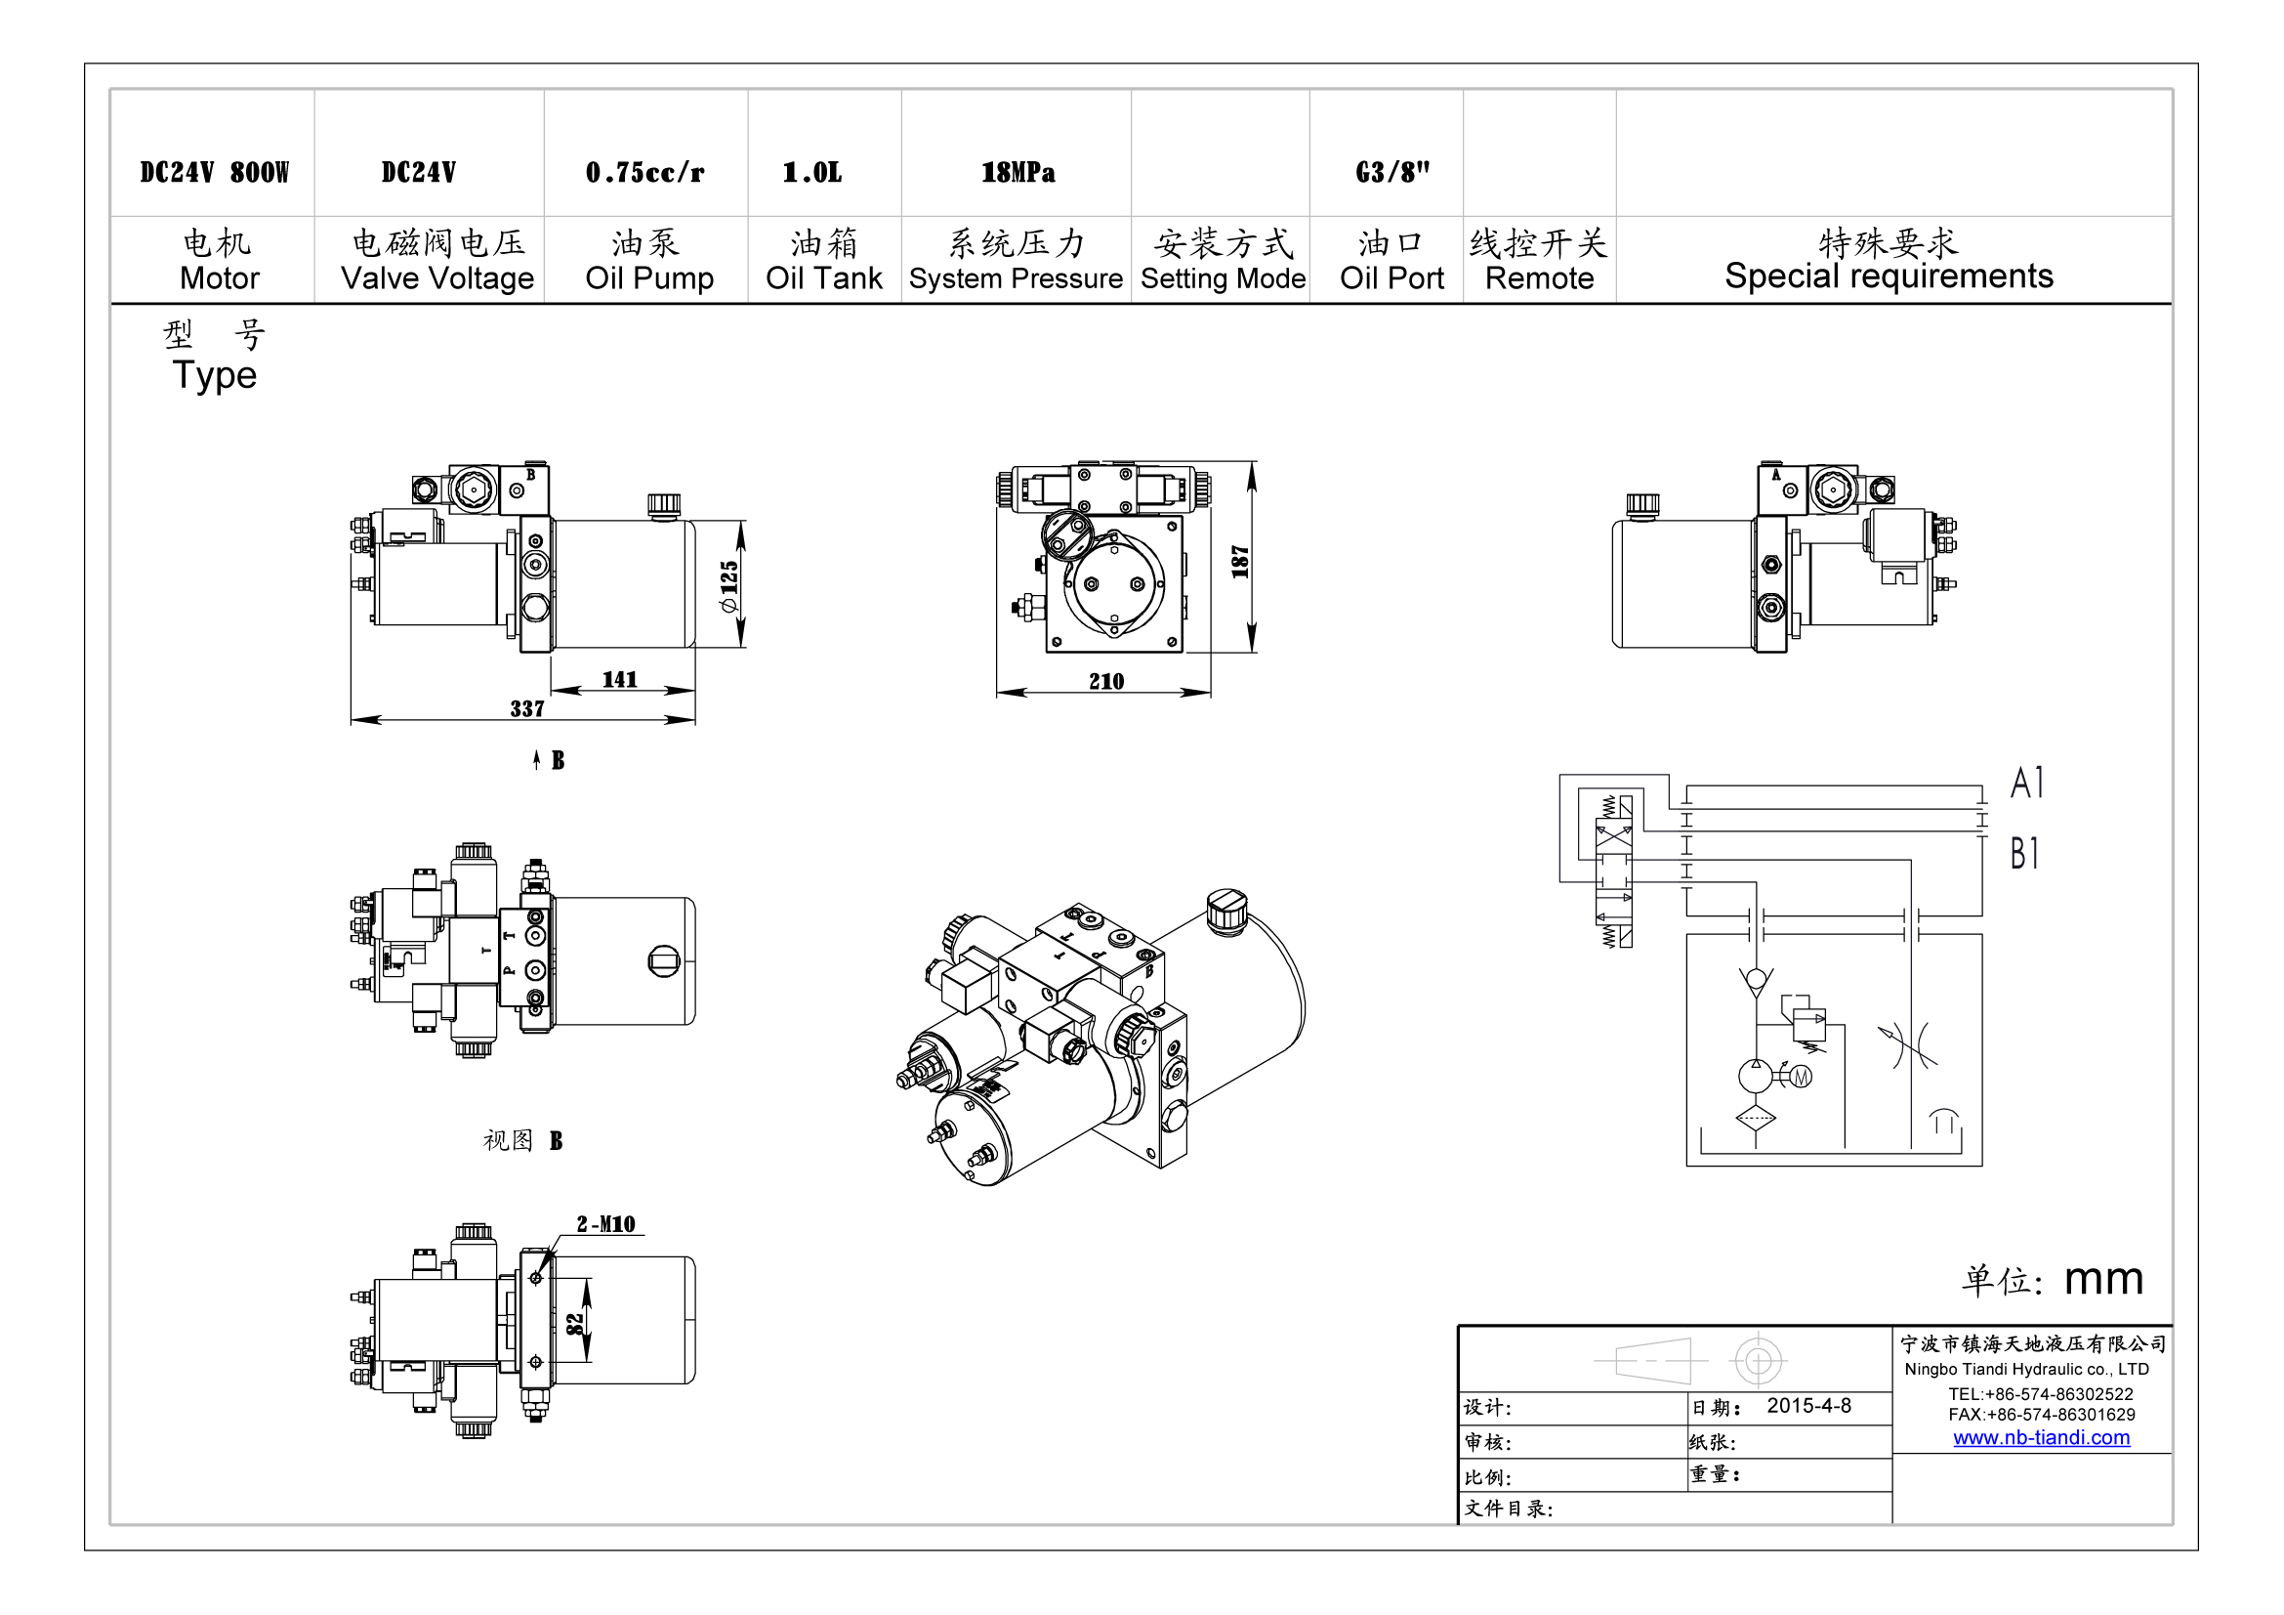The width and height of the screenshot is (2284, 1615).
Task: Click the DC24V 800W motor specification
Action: tap(214, 172)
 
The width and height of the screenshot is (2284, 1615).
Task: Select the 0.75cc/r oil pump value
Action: tap(644, 172)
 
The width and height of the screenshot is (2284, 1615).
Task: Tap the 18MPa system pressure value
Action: tap(1017, 172)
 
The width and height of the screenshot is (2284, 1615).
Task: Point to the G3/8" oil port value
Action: tap(1391, 172)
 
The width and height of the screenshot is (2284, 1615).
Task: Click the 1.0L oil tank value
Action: tap(811, 172)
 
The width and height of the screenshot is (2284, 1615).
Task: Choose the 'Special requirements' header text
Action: tap(1889, 276)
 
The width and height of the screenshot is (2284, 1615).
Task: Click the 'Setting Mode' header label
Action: tap(1223, 278)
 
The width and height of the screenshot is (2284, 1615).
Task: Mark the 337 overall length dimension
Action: tap(527, 708)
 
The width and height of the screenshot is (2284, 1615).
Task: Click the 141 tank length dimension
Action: tap(619, 679)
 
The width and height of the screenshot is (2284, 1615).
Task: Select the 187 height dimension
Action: tap(1239, 561)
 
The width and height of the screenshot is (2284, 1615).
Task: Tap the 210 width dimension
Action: tap(1106, 681)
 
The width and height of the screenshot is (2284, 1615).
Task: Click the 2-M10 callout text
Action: tap(605, 1224)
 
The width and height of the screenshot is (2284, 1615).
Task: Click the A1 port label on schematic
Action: tap(2026, 783)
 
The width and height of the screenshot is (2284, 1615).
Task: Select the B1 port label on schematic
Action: tap(2024, 854)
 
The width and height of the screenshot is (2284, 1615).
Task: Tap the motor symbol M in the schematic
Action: tap(1801, 1076)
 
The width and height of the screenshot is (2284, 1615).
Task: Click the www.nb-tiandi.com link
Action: tap(2041, 1438)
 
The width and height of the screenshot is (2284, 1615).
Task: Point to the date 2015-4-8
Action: tap(1808, 1406)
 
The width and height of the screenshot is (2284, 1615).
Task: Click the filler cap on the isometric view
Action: tap(1226, 910)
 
